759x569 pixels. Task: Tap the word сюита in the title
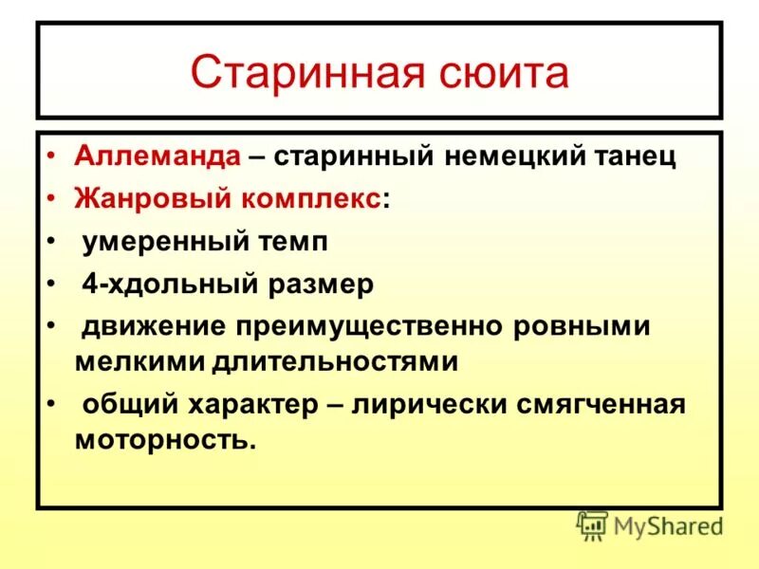coord(497,74)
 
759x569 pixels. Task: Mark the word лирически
coord(428,405)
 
